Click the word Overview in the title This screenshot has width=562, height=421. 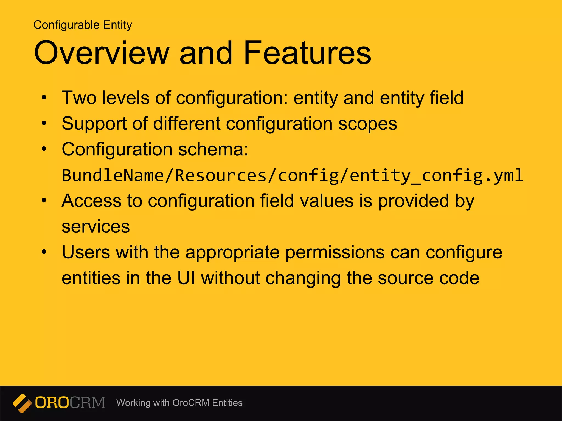click(x=102, y=53)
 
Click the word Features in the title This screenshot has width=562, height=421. click(x=307, y=53)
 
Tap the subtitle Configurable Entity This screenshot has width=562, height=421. click(x=83, y=25)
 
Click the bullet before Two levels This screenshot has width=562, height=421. click(x=44, y=98)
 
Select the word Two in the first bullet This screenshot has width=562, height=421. click(x=79, y=98)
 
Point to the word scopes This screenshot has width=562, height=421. click(x=367, y=124)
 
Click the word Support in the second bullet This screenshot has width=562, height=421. click(x=93, y=123)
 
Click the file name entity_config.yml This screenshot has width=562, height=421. click(x=436, y=175)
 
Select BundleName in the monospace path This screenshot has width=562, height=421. click(x=113, y=175)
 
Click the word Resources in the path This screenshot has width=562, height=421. click(x=221, y=175)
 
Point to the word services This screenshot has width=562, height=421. click(x=95, y=227)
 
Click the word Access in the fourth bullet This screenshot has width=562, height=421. click(x=91, y=201)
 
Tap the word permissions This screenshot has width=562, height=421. click(x=335, y=252)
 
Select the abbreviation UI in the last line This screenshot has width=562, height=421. click(x=186, y=278)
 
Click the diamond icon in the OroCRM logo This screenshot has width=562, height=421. click(x=22, y=403)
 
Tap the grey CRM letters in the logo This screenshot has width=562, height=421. click(x=87, y=403)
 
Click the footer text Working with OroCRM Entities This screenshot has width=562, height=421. click(x=179, y=403)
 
